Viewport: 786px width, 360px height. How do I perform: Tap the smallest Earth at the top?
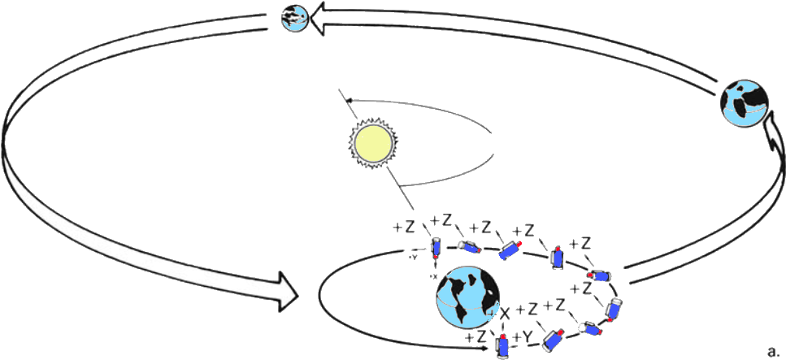(293, 17)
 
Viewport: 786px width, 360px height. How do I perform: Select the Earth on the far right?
(745, 102)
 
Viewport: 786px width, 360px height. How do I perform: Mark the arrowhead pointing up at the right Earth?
(769, 143)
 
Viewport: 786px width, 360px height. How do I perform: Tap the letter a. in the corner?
(773, 352)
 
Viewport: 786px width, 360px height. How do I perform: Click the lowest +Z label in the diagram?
(476, 336)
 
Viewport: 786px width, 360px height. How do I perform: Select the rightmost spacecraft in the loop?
(614, 308)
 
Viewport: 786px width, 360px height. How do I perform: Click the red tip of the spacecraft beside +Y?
(503, 335)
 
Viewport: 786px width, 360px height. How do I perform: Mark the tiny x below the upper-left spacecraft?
(434, 275)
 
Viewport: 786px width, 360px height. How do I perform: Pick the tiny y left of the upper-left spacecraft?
(413, 257)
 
